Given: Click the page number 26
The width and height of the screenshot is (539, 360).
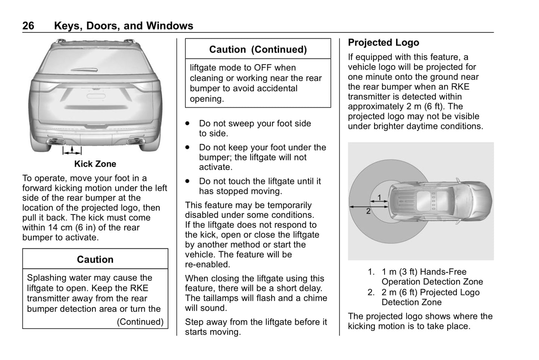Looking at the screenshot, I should tap(28, 26).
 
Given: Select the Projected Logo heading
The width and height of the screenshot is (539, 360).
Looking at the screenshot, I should tap(383, 43).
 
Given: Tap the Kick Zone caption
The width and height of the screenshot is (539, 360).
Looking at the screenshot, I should tap(95, 164).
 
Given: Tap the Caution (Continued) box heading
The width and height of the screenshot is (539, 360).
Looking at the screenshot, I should tap(258, 49).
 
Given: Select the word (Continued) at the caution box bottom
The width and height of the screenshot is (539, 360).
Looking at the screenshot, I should tap(140, 322).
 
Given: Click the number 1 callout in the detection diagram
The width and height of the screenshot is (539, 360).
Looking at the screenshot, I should tap(379, 197).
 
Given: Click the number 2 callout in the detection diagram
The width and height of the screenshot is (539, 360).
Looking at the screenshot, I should tap(368, 211).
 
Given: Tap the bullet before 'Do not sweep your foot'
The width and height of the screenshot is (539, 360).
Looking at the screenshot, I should tap(188, 123).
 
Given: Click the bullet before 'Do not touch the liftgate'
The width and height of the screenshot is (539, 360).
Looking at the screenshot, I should tap(188, 181).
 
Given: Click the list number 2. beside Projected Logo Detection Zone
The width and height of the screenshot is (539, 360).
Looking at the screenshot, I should tap(371, 292).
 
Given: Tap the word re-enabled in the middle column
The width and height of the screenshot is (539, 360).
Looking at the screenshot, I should tap(207, 264).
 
